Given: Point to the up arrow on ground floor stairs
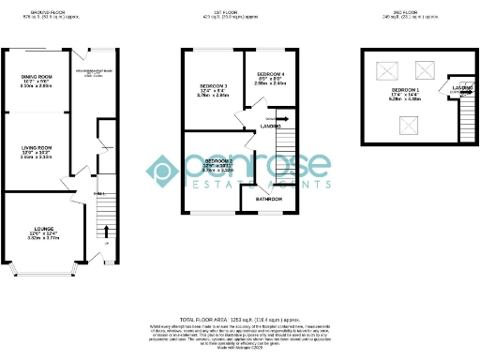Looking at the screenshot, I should coord(104,231).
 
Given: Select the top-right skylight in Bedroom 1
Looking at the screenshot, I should coord(425,67).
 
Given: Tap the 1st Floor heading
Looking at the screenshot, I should coord(240,10).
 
